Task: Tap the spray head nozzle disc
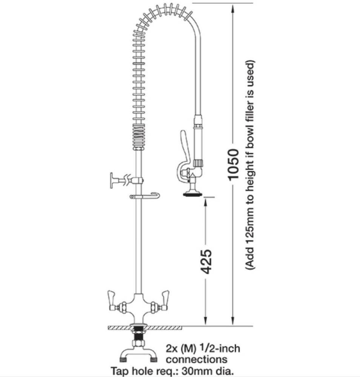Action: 192,195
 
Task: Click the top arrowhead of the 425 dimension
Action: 206,201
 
